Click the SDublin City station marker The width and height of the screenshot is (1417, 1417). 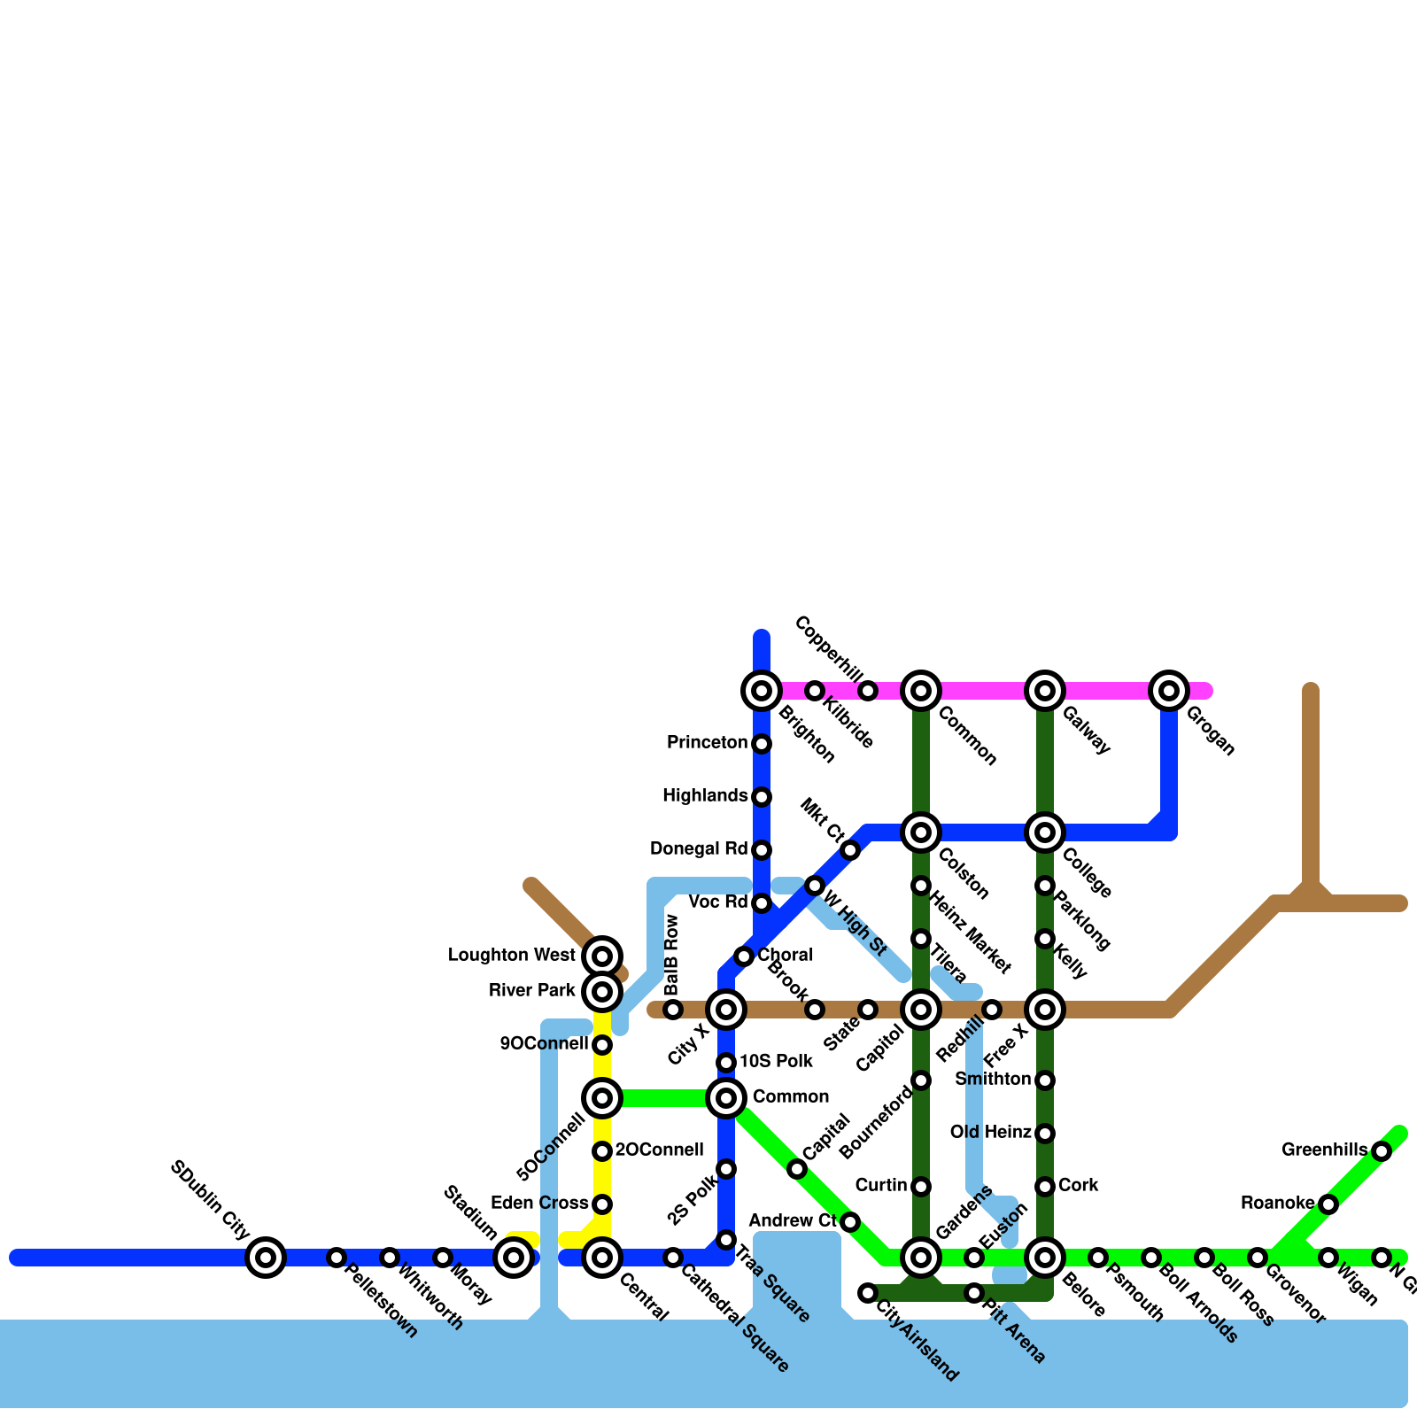[266, 1257]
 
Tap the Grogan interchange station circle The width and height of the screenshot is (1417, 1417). [1169, 691]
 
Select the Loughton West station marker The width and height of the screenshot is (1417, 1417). [602, 956]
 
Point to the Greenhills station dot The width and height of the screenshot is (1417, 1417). [1382, 1151]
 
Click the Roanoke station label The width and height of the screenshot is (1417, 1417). [1277, 1204]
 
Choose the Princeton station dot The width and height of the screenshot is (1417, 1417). [762, 744]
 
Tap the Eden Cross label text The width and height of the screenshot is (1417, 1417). [539, 1204]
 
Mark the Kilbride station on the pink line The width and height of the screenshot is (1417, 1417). [815, 691]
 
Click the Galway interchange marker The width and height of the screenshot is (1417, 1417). [1045, 691]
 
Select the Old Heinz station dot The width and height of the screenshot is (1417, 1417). [1045, 1134]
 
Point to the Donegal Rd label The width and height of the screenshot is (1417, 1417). [699, 849]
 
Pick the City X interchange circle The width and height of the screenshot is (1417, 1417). [726, 1010]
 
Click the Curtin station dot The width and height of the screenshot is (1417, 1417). [921, 1187]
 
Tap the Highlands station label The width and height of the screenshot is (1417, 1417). [705, 796]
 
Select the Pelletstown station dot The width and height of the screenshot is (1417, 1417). [337, 1257]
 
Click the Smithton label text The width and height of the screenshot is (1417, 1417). [993, 1080]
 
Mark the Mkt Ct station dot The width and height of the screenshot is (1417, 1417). [850, 851]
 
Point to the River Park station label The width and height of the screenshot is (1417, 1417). [532, 991]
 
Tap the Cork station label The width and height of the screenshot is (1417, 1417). [1078, 1186]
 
